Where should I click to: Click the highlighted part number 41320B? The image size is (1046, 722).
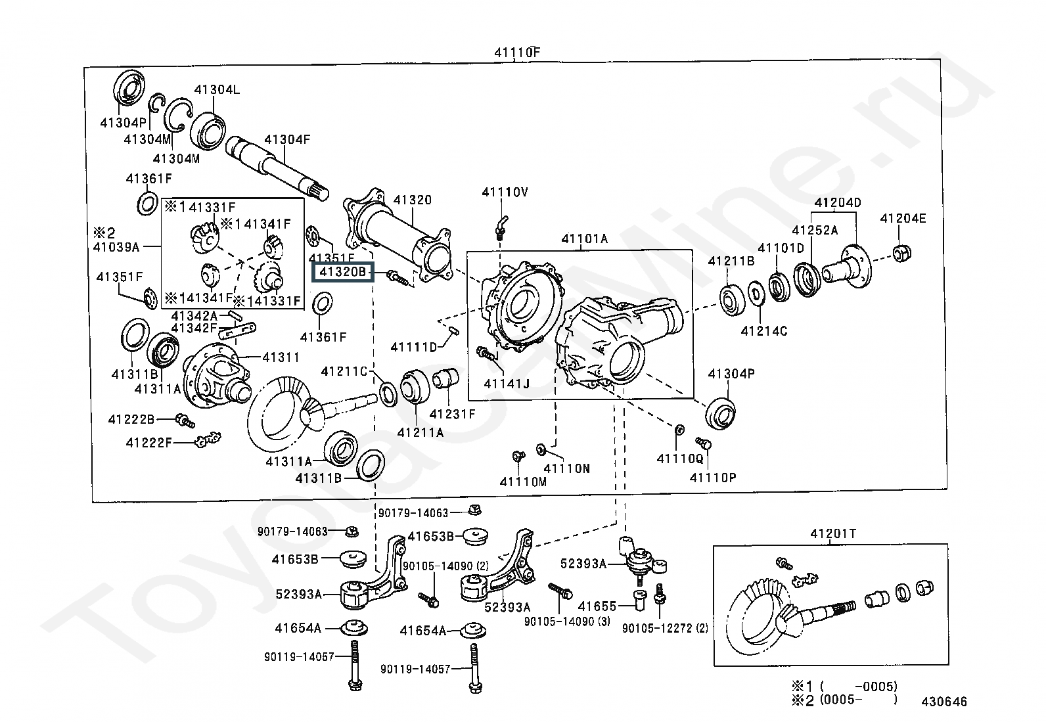pos(342,271)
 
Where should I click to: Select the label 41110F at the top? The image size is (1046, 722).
pos(517,53)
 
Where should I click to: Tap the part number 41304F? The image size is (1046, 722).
pos(287,139)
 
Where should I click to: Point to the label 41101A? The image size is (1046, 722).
pos(584,239)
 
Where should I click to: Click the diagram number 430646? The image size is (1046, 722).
pos(944,702)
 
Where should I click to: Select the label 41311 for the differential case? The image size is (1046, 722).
pos(281,357)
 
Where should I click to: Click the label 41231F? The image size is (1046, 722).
pos(452,414)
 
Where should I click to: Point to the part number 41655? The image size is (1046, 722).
pos(597,607)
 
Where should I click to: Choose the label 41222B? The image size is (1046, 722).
pos(131,419)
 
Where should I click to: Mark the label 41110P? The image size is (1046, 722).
pos(713,478)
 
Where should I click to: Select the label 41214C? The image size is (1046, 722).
pos(763,331)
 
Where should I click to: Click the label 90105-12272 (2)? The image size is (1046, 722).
pos(665,628)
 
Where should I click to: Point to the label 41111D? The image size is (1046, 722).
pos(414,347)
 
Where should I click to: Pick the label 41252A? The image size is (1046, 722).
pos(815,230)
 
